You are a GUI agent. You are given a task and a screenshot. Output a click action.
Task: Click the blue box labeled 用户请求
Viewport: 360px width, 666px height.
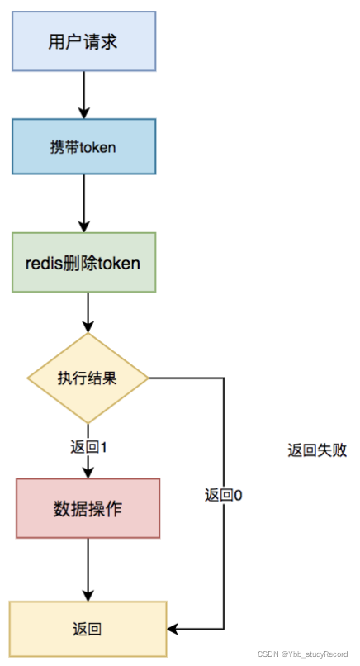point(83,40)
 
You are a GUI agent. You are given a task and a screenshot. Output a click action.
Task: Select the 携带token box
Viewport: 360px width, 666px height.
point(83,146)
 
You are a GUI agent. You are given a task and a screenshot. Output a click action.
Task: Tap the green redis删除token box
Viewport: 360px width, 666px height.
point(83,262)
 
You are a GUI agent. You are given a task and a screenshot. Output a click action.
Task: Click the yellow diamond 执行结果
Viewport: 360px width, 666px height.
point(88,378)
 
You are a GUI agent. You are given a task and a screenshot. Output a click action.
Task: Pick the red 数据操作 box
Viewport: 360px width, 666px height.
point(88,508)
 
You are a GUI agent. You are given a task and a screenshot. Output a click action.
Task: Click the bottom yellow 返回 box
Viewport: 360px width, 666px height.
point(88,630)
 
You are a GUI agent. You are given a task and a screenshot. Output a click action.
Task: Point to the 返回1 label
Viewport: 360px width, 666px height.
point(89,447)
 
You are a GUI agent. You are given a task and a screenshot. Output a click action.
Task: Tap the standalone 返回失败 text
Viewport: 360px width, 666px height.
point(317,450)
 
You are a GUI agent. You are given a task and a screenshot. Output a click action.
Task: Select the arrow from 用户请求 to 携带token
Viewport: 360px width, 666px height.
point(83,94)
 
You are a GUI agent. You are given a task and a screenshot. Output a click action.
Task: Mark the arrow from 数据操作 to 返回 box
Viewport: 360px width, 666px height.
point(88,569)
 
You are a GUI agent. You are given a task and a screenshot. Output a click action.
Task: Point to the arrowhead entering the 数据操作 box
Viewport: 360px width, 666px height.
point(88,473)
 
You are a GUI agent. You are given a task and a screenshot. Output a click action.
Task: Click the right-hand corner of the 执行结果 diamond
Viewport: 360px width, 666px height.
point(148,378)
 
